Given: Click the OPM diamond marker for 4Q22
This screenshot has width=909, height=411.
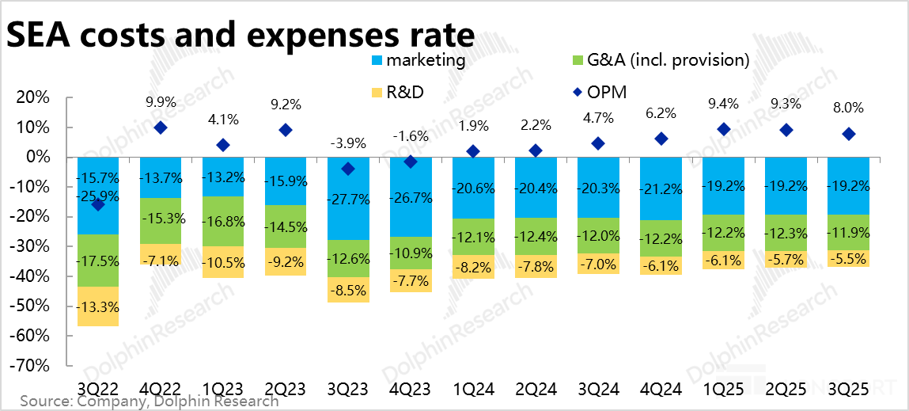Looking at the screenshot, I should pyautogui.click(x=161, y=127).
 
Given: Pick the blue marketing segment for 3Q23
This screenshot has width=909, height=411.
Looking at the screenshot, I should pyautogui.click(x=347, y=198).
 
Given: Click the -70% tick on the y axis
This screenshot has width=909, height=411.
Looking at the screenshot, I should pyautogui.click(x=34, y=366).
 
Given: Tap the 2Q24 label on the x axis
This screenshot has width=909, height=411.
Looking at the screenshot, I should pyautogui.click(x=535, y=389).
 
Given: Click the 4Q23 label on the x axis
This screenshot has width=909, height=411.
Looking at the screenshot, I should pyautogui.click(x=410, y=389).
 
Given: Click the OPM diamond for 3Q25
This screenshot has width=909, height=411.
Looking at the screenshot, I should pyautogui.click(x=848, y=134).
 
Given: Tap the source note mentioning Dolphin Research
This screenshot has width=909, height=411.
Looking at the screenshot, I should pyautogui.click(x=150, y=401).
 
